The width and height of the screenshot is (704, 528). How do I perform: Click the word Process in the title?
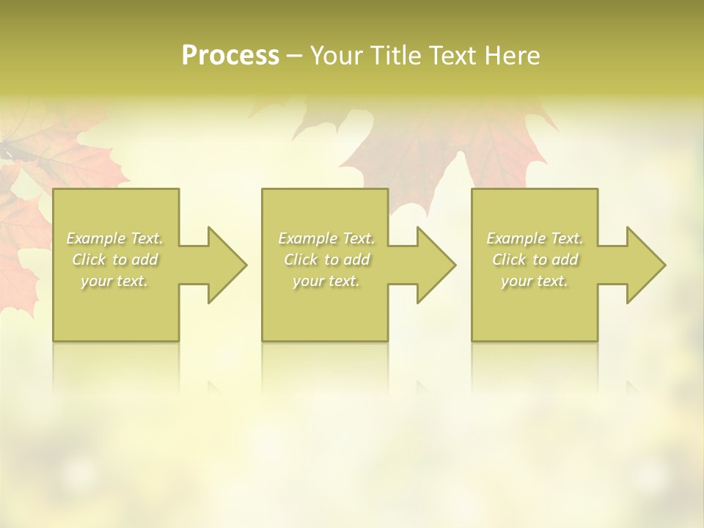click(230, 56)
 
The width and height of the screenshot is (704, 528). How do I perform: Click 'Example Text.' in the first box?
click(114, 238)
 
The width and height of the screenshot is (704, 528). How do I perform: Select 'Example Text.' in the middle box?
click(326, 238)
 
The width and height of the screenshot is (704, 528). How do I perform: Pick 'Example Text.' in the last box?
click(535, 238)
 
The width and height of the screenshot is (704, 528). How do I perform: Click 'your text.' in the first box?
click(114, 281)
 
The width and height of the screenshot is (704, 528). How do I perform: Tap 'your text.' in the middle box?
click(326, 281)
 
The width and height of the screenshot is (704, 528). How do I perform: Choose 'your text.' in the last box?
click(535, 281)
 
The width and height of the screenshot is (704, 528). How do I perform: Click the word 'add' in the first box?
click(144, 260)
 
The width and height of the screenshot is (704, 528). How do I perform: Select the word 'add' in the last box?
click(565, 260)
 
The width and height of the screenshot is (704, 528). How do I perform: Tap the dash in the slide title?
click(295, 56)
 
